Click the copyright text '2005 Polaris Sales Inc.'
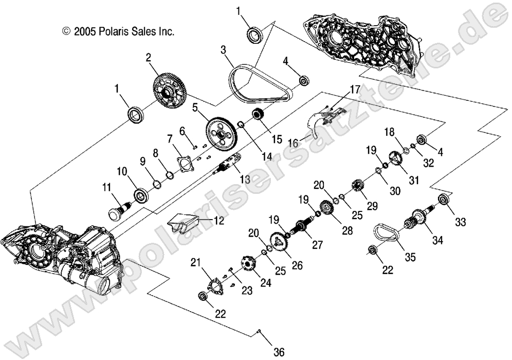coord(118,31)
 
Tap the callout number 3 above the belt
coord(224,50)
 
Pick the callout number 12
coord(205,222)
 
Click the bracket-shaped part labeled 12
coord(182,225)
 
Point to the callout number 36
coord(278,352)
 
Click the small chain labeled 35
coord(389,232)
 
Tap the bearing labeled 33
coord(444,201)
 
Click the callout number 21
coord(195,263)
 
